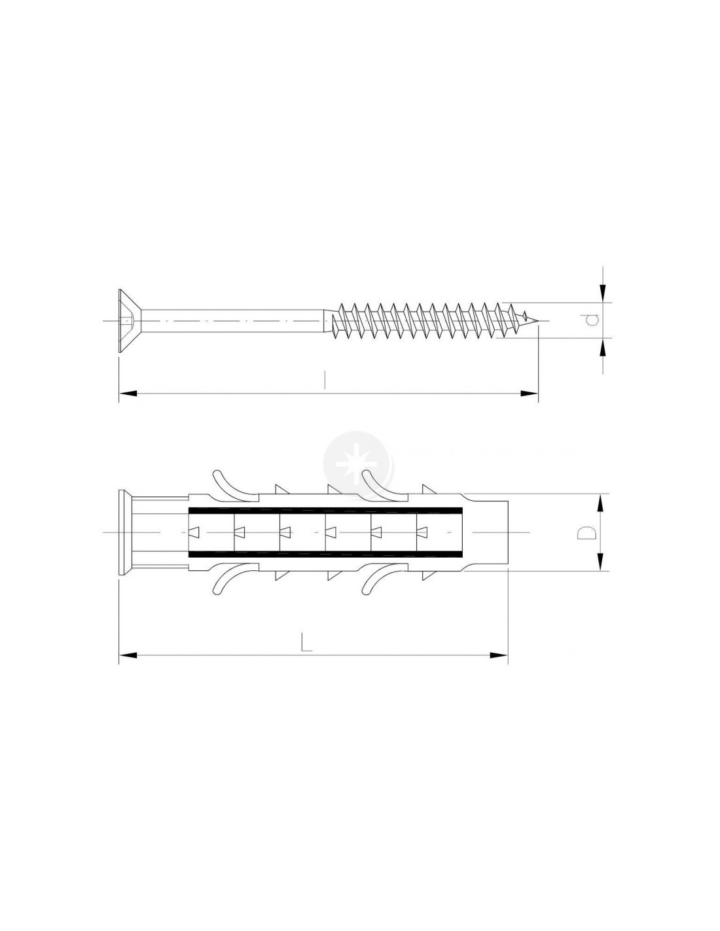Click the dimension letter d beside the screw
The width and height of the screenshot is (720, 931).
592,319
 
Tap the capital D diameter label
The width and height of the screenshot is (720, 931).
585,532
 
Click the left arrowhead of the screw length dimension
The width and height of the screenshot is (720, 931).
128,393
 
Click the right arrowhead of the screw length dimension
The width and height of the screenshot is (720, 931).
529,393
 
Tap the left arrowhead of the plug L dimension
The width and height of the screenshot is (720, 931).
128,667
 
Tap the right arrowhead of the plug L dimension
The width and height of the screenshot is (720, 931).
499,667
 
